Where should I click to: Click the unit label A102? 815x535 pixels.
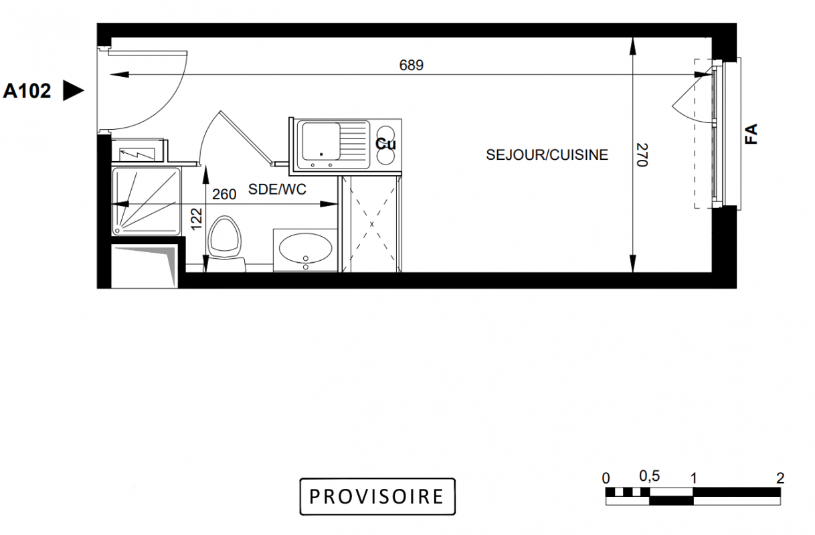click(27, 91)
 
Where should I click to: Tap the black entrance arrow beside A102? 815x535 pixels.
click(73, 90)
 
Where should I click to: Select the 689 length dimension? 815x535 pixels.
click(411, 66)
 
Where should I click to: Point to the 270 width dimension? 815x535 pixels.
click(642, 155)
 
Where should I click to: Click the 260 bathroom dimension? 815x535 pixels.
click(224, 195)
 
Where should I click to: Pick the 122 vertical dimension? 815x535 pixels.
click(197, 219)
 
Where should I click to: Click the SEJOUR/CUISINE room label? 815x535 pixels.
click(547, 155)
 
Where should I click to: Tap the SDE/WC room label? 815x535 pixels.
click(277, 189)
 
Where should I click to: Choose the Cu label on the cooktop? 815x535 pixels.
click(385, 144)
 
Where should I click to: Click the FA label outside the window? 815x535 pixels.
click(751, 134)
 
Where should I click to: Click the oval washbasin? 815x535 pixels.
click(305, 248)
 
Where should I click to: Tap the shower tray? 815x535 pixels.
click(147, 201)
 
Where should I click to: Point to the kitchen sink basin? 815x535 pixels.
click(321, 142)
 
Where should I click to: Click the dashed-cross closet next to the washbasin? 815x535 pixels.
click(371, 223)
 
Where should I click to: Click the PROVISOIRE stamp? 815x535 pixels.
click(377, 496)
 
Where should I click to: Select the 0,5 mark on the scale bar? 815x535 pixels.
click(650, 476)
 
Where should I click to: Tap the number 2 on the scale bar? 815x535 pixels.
click(780, 478)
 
